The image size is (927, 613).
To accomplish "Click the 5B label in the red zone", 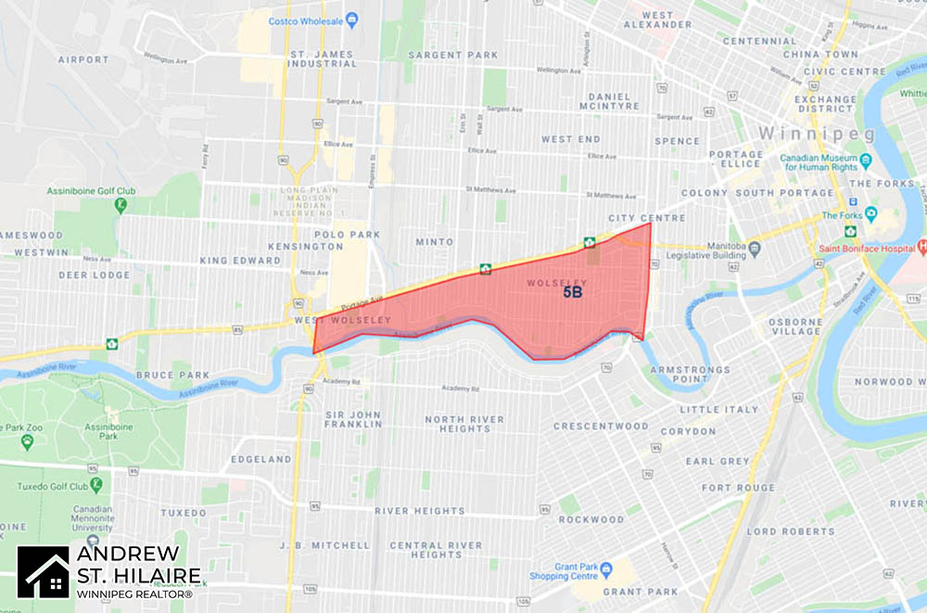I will (572, 293).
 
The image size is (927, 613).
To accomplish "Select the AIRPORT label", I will (83, 59).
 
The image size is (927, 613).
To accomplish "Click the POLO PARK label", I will (342, 235).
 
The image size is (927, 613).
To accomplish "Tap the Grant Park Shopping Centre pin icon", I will (605, 568).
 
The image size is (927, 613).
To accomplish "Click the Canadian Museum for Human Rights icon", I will (865, 160).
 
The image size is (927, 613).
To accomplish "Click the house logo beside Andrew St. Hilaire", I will (44, 572).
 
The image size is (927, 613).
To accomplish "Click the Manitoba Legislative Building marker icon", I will (754, 248).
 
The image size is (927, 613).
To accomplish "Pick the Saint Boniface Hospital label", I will (868, 248).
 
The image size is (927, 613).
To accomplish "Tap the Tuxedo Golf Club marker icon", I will (96, 486).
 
